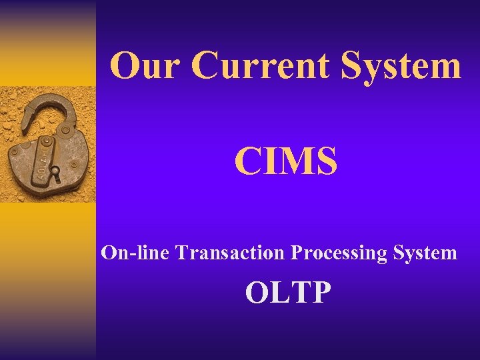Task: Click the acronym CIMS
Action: point(285,162)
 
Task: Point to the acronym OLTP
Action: point(287,292)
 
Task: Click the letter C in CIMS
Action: point(247,162)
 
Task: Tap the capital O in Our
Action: point(124,66)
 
